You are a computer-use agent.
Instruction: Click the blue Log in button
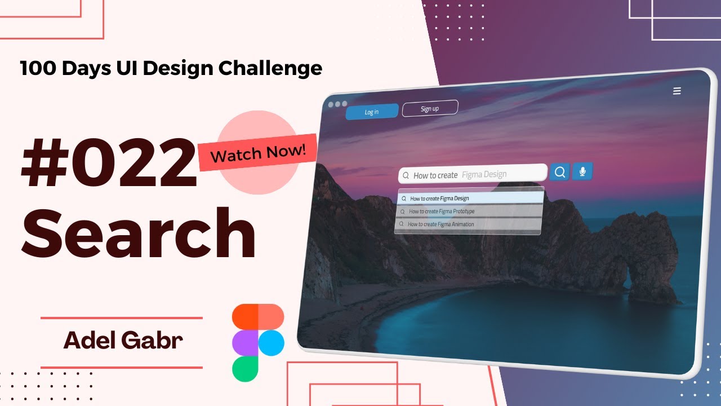[x=372, y=112]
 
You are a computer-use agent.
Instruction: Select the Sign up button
[x=430, y=108]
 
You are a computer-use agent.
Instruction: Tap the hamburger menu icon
[x=677, y=91]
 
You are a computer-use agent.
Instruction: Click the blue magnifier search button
[x=560, y=173]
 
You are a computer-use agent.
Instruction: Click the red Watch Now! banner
[x=258, y=152]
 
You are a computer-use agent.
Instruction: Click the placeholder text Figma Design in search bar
[x=484, y=174]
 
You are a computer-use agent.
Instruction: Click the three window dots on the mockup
[x=337, y=104]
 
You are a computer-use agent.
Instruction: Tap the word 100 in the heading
[x=38, y=68]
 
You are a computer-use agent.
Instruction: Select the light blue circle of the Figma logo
[x=271, y=342]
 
